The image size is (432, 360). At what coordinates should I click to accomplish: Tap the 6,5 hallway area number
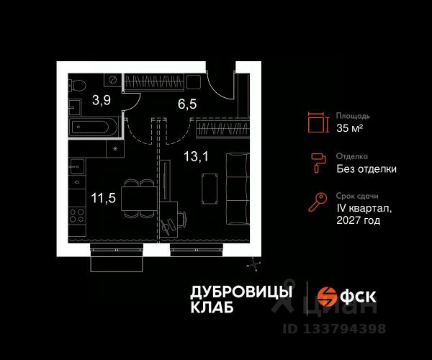187,102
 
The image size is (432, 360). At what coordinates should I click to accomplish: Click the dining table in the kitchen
137,196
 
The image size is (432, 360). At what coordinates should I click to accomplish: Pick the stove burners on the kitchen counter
78,215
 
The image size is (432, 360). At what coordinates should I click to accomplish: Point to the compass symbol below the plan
253,265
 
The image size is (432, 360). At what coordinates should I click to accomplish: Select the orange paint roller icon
317,162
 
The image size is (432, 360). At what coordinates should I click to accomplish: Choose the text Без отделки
366,169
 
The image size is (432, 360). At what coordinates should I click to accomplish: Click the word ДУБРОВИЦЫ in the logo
241,292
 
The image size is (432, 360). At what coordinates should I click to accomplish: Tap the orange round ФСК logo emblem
328,296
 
